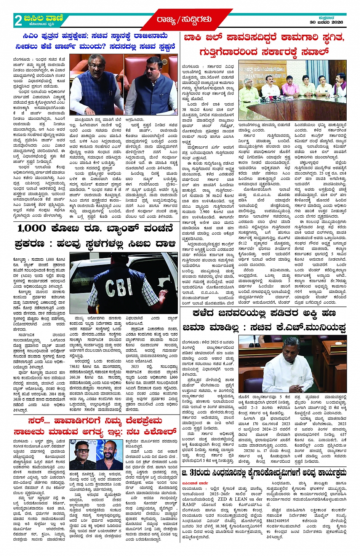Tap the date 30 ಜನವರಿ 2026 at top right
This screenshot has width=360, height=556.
pyautogui.click(x=326, y=22)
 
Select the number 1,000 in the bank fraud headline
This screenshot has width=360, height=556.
pyautogui.click(x=32, y=229)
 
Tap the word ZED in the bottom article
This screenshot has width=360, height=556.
pyautogui.click(x=222, y=499)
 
